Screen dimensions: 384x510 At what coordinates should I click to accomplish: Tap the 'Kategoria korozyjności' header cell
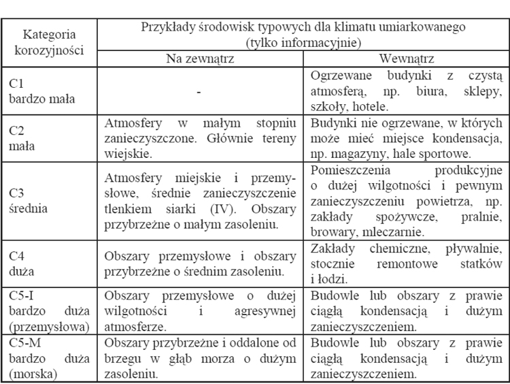(x=49, y=41)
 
